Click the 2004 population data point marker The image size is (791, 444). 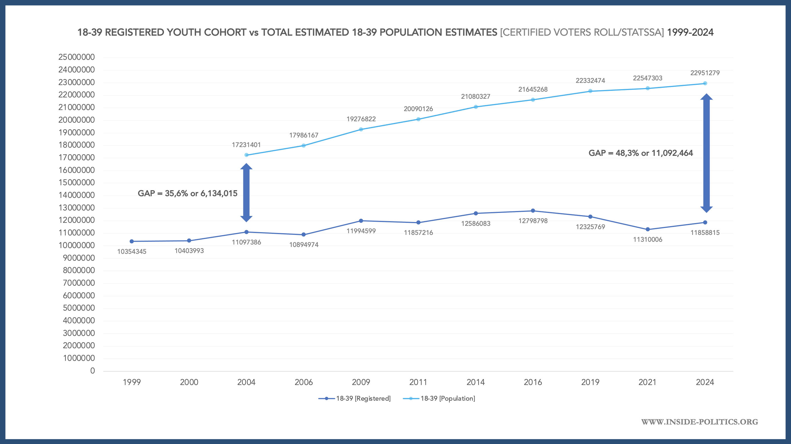click(246, 155)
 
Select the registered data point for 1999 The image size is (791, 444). click(132, 241)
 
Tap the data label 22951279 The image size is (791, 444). click(705, 73)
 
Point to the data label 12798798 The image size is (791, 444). click(533, 221)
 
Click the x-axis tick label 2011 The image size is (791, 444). click(418, 382)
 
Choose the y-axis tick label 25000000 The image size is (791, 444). click(76, 57)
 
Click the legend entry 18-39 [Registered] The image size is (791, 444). click(355, 398)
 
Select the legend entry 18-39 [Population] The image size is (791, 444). click(439, 398)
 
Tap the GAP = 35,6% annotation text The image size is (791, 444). click(187, 193)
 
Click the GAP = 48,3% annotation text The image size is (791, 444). click(640, 153)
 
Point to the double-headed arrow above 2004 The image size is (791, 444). click(246, 193)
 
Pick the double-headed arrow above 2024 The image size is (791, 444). click(706, 153)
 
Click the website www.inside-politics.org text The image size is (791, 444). click(699, 422)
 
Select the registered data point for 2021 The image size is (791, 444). click(648, 229)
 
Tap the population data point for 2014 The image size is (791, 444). click(476, 107)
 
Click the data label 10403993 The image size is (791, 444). click(189, 251)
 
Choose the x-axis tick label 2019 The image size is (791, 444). click(590, 382)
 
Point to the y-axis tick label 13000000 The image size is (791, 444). click(76, 208)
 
